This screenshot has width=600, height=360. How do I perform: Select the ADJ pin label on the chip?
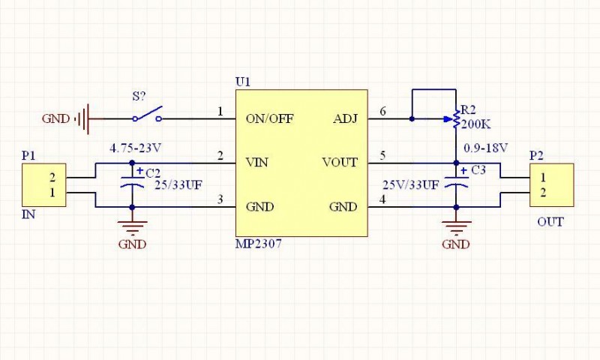point(345,118)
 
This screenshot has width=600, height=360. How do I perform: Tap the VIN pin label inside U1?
point(257,162)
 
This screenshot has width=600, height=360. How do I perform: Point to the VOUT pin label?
point(340,162)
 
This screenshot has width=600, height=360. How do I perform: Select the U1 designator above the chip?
point(242,81)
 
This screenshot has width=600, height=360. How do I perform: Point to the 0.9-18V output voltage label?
point(486,147)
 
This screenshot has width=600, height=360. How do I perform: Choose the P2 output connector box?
point(553,184)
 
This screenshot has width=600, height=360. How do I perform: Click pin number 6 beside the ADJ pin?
point(383,112)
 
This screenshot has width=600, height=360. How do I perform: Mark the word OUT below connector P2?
point(550,222)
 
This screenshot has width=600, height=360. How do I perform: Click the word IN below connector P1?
point(28,214)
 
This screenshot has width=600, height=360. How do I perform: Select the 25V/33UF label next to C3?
point(410,184)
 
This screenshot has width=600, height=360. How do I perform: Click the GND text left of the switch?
point(55,118)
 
